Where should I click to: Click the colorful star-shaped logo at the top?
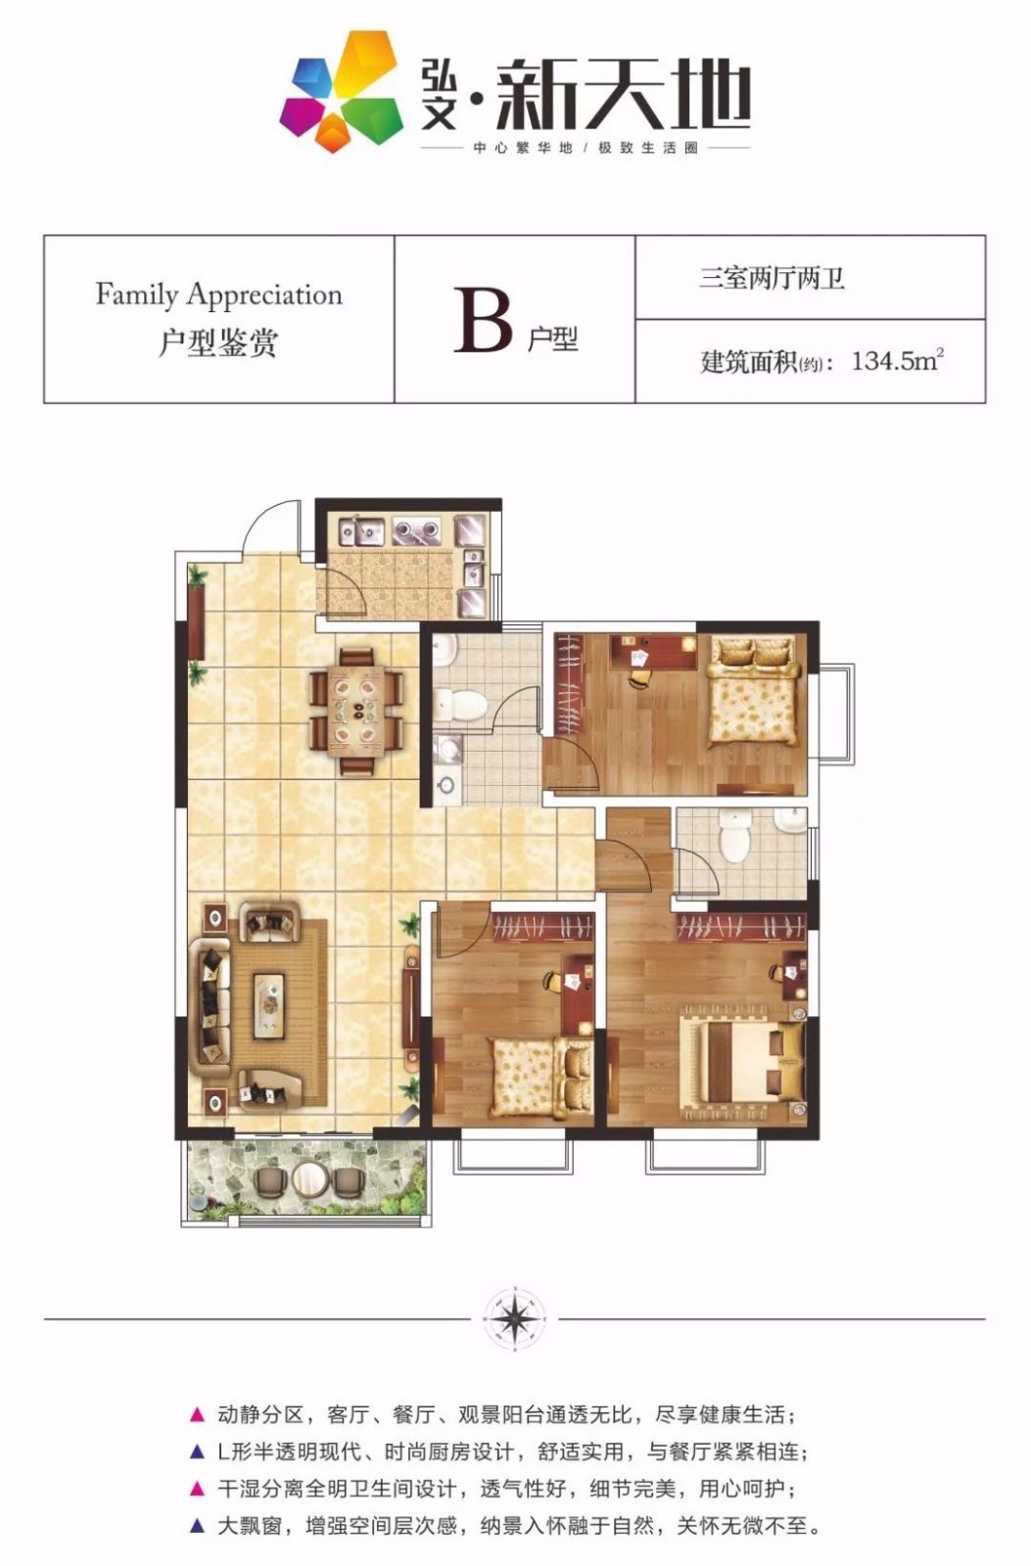point(342,91)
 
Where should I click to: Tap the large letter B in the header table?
point(483,321)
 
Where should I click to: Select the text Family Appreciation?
point(219,295)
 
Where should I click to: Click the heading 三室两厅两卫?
point(773,278)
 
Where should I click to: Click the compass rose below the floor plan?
point(515,1317)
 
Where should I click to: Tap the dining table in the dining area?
point(355,710)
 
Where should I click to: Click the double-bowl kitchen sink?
point(361,530)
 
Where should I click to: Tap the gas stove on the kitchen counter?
point(416,530)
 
